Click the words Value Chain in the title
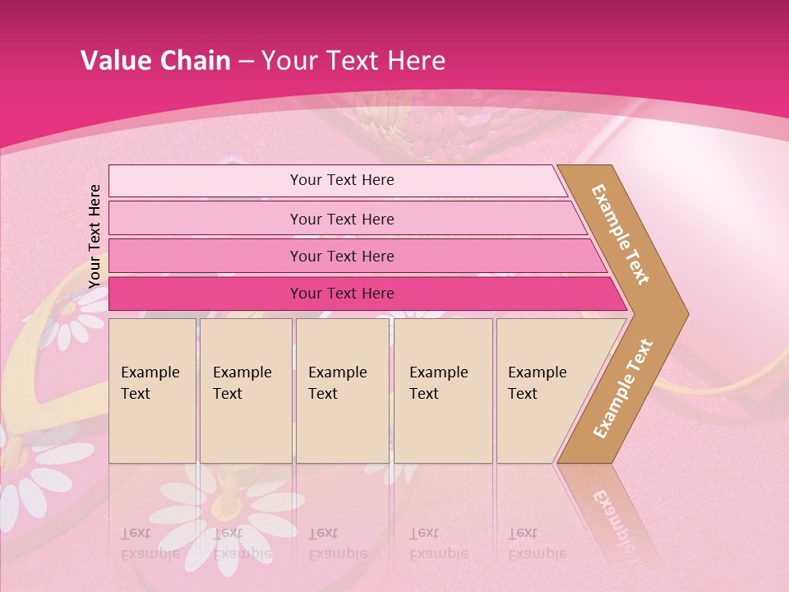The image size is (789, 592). (155, 61)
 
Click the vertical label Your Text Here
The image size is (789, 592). (95, 236)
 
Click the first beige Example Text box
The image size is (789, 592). (152, 391)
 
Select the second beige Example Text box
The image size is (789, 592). (245, 391)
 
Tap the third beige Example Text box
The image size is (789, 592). (342, 391)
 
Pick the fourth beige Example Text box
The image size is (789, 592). (443, 391)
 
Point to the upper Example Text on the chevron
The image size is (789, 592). (621, 234)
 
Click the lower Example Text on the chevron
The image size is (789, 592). (623, 388)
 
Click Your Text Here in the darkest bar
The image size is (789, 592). (342, 294)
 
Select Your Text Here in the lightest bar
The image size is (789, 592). (342, 180)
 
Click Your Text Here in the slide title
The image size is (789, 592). (353, 61)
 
